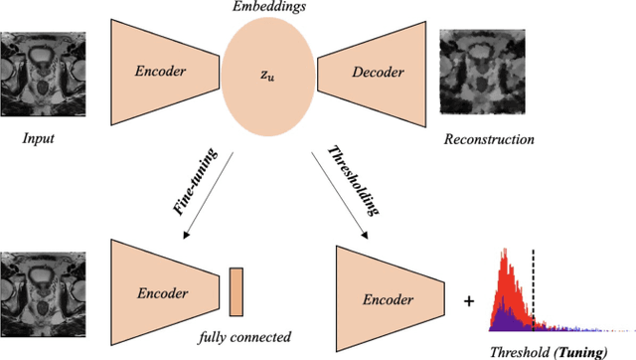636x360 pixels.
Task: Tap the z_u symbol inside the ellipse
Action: (269, 74)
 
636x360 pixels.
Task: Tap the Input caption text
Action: (39, 139)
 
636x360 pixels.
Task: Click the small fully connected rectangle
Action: (236, 291)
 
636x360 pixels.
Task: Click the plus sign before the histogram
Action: (468, 297)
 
